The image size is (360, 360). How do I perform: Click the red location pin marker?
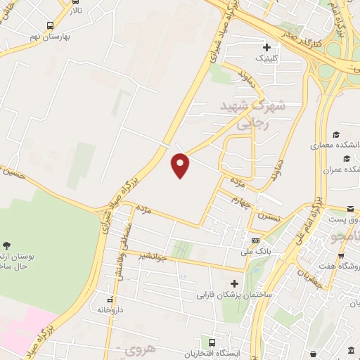pos(181,165)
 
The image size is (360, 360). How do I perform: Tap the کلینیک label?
pos(266,59)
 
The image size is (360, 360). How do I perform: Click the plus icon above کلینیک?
pos(266,47)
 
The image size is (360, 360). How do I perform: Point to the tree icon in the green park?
pos(7,245)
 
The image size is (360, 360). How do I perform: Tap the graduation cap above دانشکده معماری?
pos(336,134)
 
